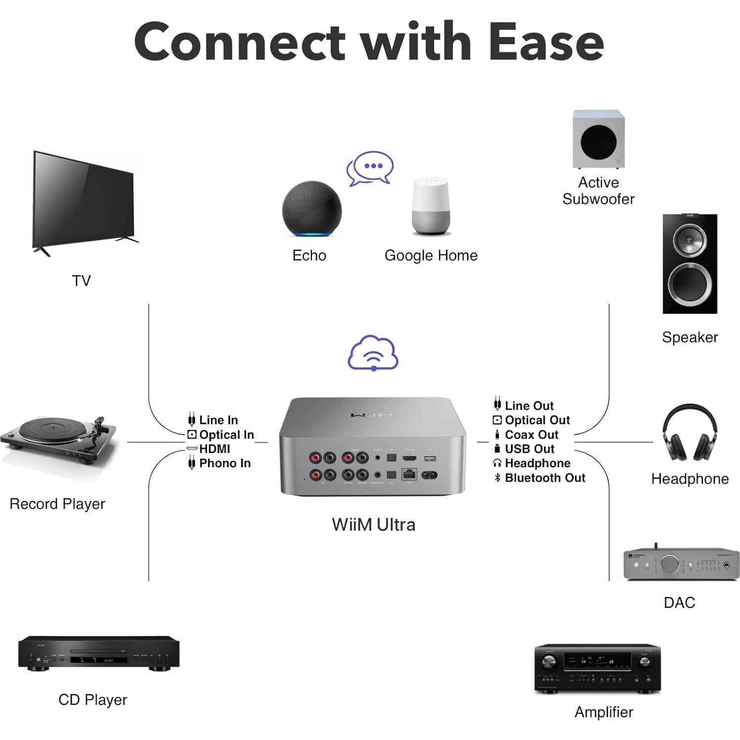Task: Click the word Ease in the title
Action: click(x=545, y=42)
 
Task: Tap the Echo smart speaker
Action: click(x=312, y=211)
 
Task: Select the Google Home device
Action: click(x=431, y=207)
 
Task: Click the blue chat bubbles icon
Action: click(x=370, y=168)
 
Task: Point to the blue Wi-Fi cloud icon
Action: click(x=373, y=353)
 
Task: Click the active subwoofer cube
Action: click(x=598, y=139)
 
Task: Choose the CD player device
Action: click(x=99, y=653)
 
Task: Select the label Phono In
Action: click(x=225, y=463)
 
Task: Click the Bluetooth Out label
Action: click(x=544, y=478)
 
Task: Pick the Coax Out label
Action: click(x=531, y=435)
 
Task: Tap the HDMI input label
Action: click(x=214, y=449)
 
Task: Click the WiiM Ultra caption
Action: click(x=373, y=525)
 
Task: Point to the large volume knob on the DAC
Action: click(x=669, y=564)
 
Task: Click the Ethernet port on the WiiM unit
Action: click(x=409, y=474)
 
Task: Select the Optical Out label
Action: click(x=537, y=420)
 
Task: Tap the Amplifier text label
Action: click(x=603, y=712)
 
